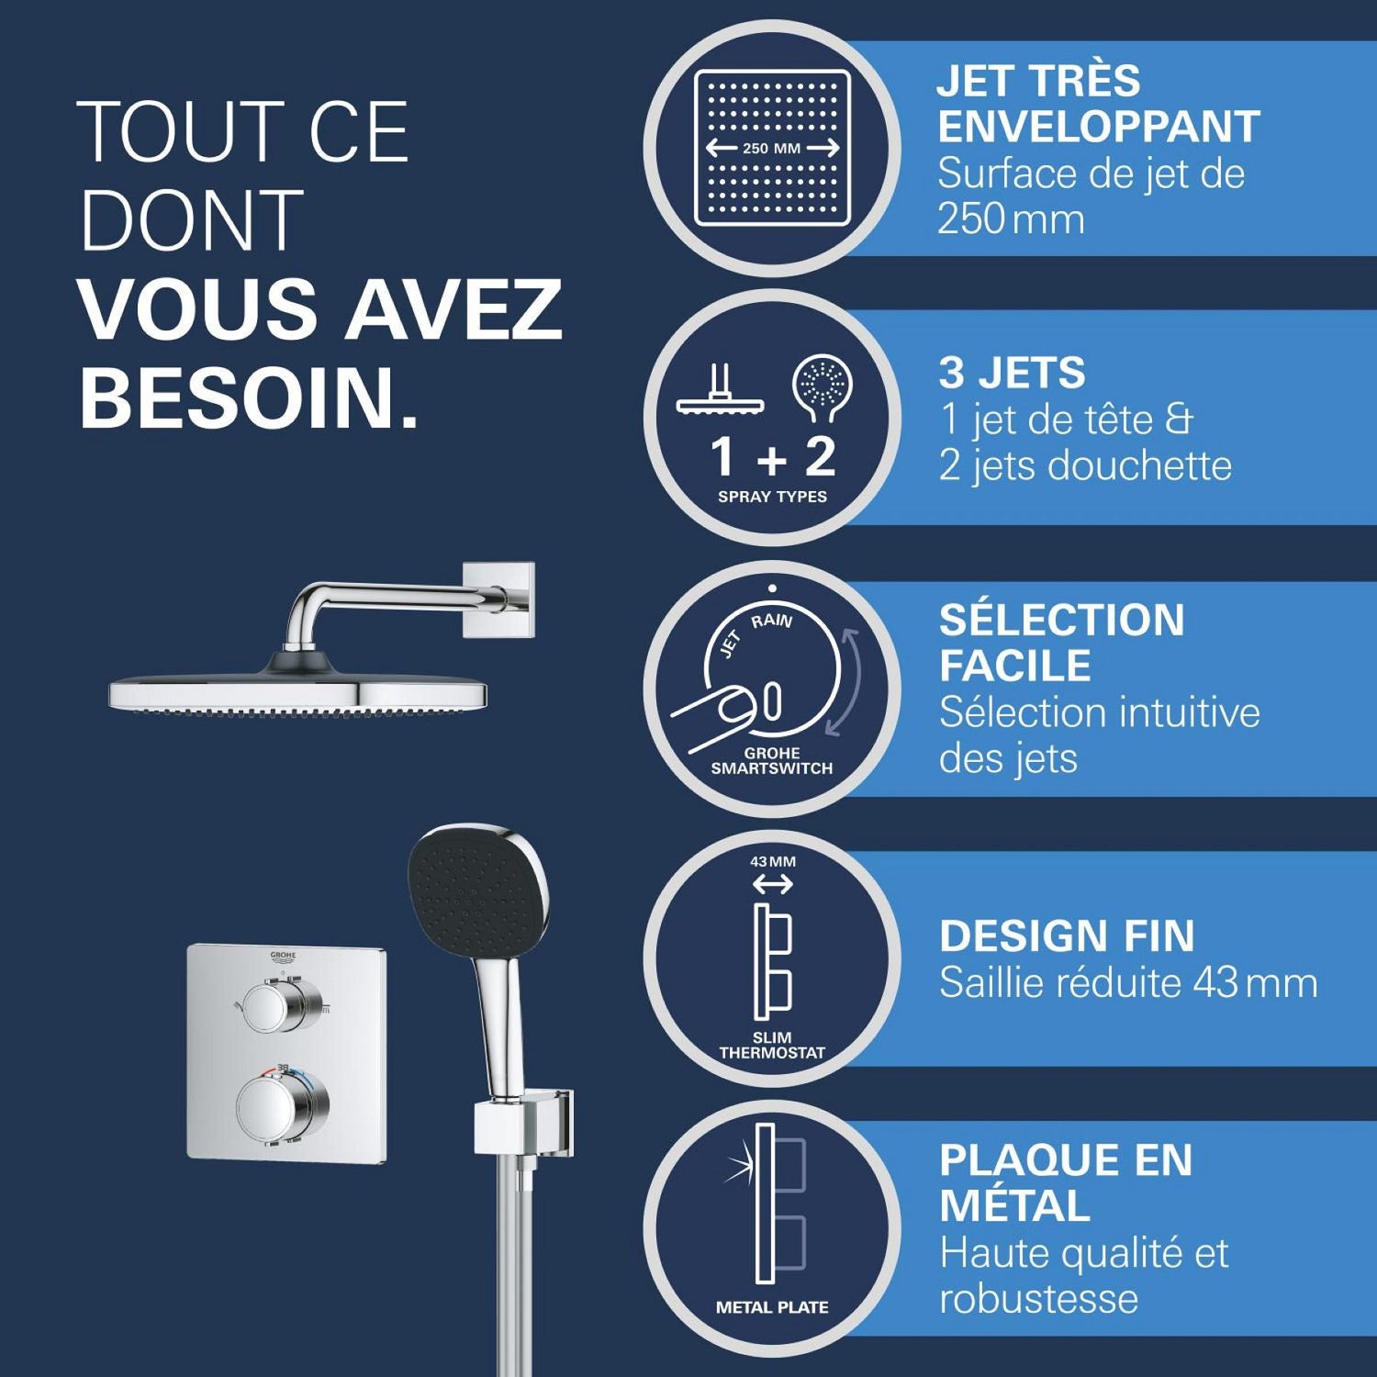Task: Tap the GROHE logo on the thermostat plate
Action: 283,958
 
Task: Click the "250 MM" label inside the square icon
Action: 771,148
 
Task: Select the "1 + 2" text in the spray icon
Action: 773,456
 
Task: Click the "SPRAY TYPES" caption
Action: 772,497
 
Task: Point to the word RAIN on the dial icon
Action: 771,621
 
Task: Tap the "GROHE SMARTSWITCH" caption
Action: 772,761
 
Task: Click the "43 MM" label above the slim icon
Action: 773,862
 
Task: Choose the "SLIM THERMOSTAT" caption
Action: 772,1046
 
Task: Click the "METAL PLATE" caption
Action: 772,1307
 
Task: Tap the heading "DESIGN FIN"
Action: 1067,936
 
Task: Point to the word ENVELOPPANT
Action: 1099,127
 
